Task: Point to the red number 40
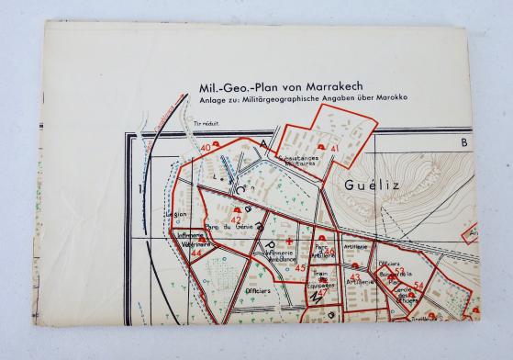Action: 205,147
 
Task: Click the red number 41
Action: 335,148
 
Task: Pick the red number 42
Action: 238,219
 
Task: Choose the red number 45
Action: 300,267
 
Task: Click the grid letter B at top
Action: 464,143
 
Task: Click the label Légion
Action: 175,217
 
